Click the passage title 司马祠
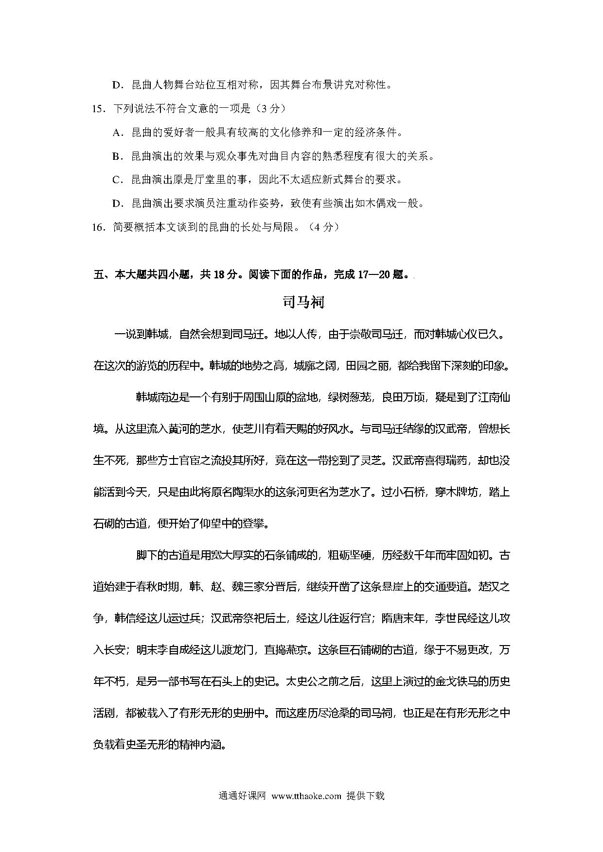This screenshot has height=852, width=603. point(303,302)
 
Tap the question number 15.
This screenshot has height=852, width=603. point(98,109)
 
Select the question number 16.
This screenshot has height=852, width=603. point(98,227)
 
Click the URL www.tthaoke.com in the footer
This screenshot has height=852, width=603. point(306,796)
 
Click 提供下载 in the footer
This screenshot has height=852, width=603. point(365,796)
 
